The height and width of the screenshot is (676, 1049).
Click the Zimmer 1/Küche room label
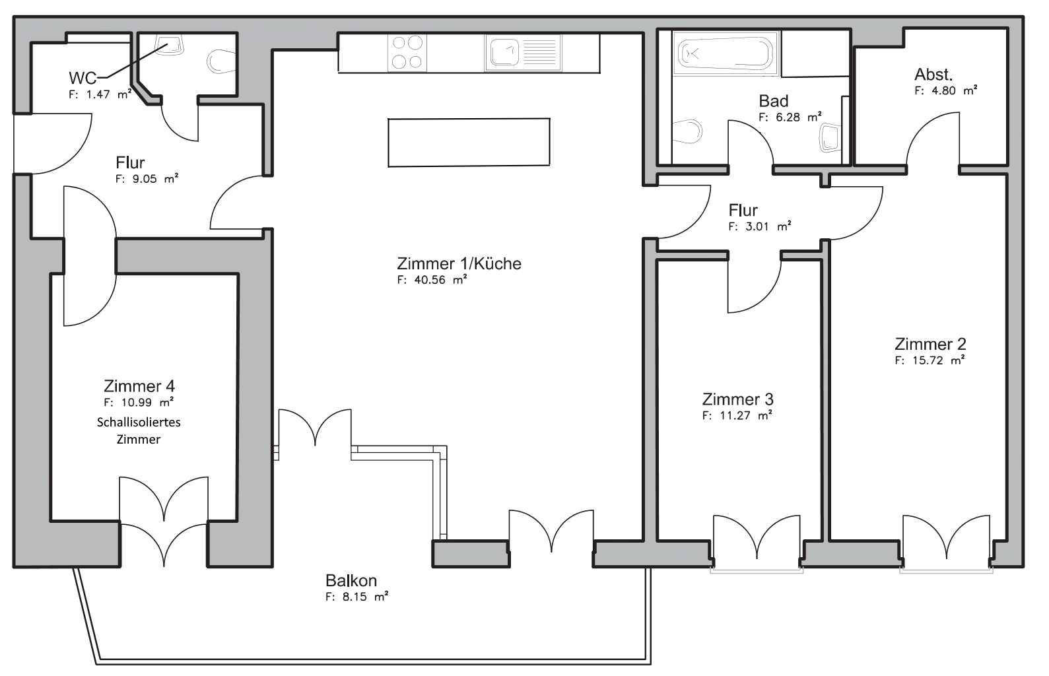(459, 263)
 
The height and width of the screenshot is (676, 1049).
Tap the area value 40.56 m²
(432, 280)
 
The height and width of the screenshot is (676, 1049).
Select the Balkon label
(351, 580)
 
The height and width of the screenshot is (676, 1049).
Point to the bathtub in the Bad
(726, 54)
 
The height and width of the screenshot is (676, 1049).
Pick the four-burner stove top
(407, 52)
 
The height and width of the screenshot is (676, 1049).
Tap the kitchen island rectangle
(469, 143)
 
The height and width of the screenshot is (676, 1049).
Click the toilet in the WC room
(220, 61)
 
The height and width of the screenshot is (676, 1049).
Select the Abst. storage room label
(933, 75)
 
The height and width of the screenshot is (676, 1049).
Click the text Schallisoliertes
(139, 422)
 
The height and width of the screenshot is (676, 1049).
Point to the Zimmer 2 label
(930, 344)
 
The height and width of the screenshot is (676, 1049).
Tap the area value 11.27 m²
(737, 415)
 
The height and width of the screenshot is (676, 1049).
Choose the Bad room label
(774, 100)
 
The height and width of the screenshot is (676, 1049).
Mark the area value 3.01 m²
(760, 226)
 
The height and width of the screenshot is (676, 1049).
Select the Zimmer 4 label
(139, 386)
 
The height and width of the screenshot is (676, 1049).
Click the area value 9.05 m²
(147, 179)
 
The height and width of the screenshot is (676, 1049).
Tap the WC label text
(83, 78)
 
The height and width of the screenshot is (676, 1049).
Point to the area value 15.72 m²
(930, 360)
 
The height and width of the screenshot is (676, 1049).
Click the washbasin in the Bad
(830, 138)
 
